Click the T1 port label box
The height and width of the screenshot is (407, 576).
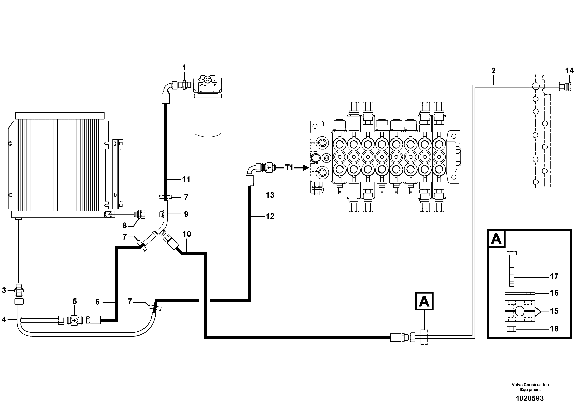[289, 167]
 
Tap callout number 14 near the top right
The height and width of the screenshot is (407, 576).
[569, 71]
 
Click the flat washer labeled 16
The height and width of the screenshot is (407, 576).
[519, 293]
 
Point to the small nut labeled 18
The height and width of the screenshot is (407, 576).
[511, 329]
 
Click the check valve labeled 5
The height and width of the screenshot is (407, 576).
[75, 320]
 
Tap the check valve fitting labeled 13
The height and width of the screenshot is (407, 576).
[269, 167]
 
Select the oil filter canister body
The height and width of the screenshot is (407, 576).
[208, 117]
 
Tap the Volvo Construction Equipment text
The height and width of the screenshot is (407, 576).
[530, 387]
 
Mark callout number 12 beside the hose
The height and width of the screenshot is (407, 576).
[270, 216]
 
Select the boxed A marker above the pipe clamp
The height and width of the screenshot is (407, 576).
[424, 301]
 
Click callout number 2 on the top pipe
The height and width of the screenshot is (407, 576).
[494, 71]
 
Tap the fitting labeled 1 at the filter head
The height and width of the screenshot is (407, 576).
[185, 85]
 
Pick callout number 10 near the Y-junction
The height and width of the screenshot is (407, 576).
[187, 234]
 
